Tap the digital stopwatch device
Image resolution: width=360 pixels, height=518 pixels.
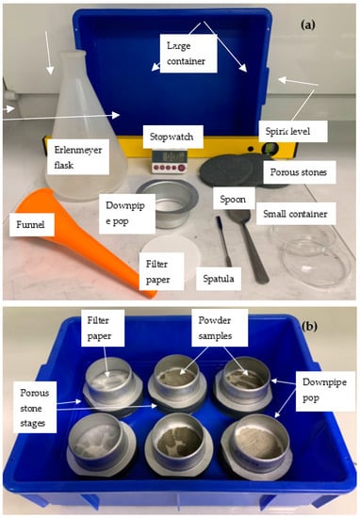(x=170, y=161)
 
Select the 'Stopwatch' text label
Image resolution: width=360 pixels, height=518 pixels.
(x=172, y=137)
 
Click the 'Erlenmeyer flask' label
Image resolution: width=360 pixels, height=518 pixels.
(x=78, y=157)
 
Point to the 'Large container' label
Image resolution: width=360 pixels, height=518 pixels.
(x=186, y=53)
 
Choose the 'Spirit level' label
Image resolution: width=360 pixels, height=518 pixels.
(x=287, y=131)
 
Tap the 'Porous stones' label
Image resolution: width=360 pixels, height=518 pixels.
(x=298, y=172)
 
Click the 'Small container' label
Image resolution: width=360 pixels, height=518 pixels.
(x=295, y=214)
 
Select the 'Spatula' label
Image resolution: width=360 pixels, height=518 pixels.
(x=219, y=279)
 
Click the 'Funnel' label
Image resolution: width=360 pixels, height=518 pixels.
(x=30, y=225)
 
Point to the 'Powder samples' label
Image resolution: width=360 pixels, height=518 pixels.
(x=215, y=328)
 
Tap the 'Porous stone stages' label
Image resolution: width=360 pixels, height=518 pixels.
(x=34, y=408)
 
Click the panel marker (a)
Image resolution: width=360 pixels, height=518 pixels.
(x=308, y=24)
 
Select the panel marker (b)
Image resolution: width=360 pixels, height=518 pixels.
(x=309, y=327)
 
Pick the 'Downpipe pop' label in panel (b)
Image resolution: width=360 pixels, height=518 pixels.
(x=324, y=390)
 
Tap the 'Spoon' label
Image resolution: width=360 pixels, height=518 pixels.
(x=233, y=200)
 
